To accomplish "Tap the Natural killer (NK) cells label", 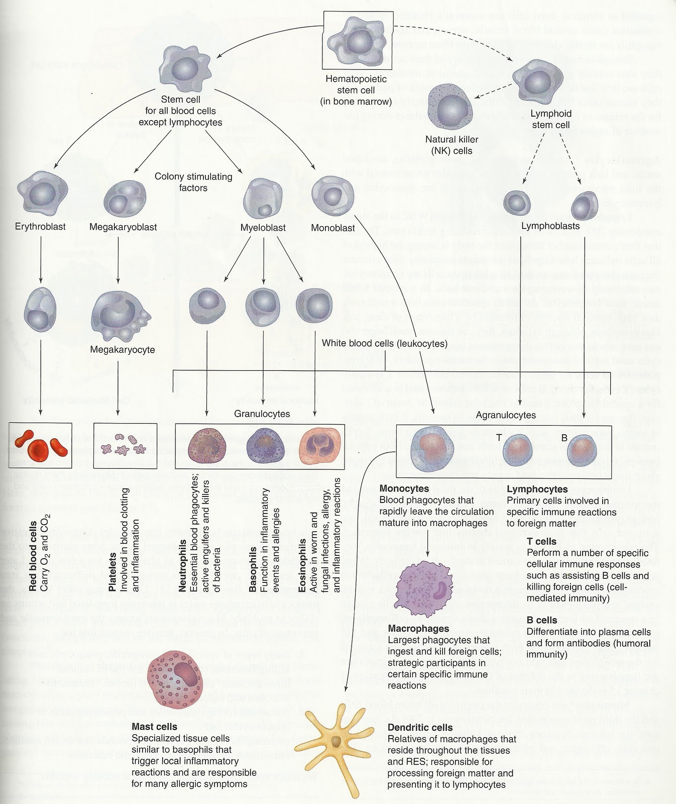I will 452,145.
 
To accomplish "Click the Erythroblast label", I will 40,227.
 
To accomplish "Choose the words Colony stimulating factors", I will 193,182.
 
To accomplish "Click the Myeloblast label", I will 263,228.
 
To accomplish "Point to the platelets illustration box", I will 126,445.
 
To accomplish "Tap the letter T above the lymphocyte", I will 499,438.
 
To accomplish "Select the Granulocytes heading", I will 262,414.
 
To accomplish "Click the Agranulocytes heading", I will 506,415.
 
